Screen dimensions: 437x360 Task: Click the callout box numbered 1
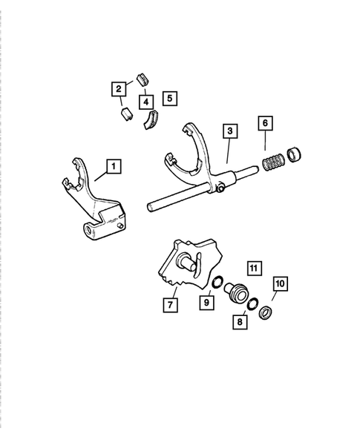[112, 166]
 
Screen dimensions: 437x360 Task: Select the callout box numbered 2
[118, 90]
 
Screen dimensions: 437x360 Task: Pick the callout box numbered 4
[146, 99]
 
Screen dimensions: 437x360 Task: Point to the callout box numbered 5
[169, 96]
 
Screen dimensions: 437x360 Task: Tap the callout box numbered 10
[280, 283]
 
